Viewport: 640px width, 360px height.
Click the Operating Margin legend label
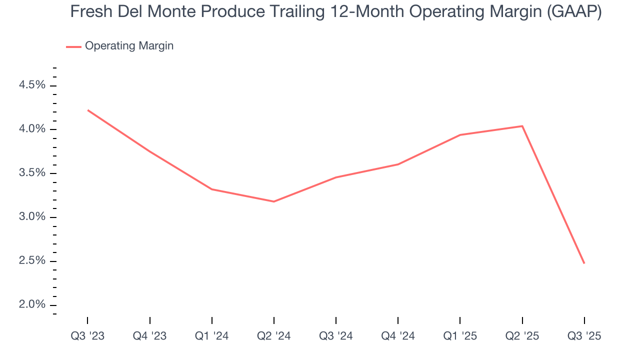(x=129, y=46)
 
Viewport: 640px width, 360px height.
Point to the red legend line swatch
(x=73, y=46)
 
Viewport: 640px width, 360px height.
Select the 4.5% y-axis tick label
(x=32, y=85)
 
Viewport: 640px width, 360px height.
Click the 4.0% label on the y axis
(x=32, y=129)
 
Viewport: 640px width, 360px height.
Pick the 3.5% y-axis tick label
(x=32, y=173)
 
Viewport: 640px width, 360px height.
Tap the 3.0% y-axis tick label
(x=32, y=217)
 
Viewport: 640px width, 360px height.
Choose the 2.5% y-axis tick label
(x=32, y=261)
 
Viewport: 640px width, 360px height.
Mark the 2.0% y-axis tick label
(x=32, y=305)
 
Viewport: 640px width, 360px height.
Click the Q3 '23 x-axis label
(x=87, y=336)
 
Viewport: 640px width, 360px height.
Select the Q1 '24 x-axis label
(x=212, y=336)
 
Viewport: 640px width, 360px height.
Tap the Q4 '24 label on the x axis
(x=398, y=336)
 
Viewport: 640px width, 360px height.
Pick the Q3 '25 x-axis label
(x=584, y=336)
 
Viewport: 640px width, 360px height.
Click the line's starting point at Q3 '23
(x=88, y=110)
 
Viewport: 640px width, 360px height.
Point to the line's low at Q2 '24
(x=274, y=201)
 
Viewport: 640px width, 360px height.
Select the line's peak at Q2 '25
(x=522, y=126)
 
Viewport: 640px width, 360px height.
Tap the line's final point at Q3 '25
(x=584, y=263)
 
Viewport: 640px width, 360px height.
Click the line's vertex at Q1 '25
(x=460, y=134)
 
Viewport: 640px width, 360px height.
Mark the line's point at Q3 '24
(x=336, y=177)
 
